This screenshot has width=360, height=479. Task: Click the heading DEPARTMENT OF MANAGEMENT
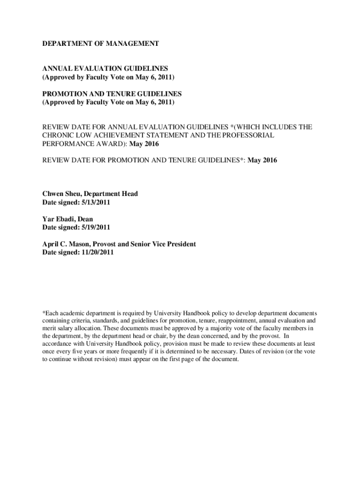coord(101,44)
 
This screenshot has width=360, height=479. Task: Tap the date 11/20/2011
coord(98,253)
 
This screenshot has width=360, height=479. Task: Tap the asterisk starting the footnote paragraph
coord(43,312)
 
